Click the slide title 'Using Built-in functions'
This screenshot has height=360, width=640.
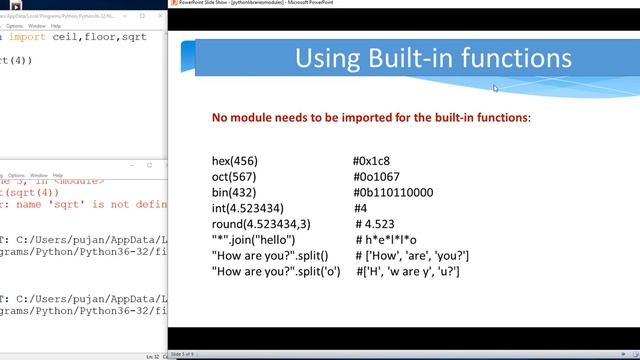[433, 58]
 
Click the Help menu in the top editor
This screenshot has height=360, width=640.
[56, 26]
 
